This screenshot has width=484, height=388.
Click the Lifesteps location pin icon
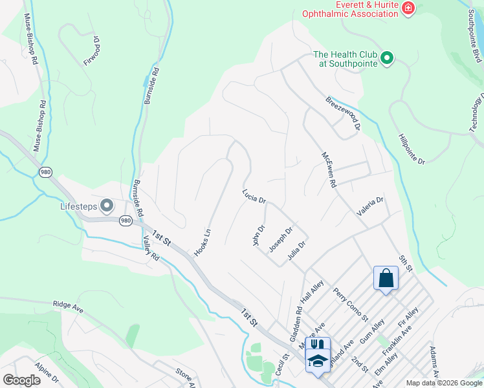click(107, 207)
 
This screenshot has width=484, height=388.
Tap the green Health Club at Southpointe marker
click(387, 59)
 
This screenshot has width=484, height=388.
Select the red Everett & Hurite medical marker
click(408, 8)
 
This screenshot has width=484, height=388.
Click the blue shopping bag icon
click(386, 279)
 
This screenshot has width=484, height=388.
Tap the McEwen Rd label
click(329, 170)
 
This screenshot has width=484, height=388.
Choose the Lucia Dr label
click(254, 197)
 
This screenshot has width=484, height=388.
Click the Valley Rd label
click(150, 248)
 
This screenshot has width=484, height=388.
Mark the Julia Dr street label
click(296, 249)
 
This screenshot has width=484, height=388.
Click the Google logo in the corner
click(21, 380)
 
